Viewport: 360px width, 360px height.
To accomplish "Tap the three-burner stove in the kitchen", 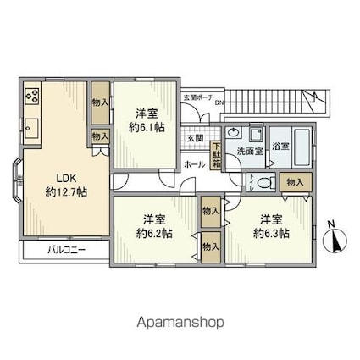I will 32,96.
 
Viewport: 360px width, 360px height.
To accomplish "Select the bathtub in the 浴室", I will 302,141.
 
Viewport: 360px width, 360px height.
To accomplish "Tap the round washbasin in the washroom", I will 234,135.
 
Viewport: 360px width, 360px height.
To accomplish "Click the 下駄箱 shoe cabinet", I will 217,157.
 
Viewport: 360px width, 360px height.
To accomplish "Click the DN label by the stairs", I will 219,104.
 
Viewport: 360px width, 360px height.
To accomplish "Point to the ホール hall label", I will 194,163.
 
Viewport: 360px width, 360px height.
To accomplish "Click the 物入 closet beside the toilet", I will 296,182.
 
